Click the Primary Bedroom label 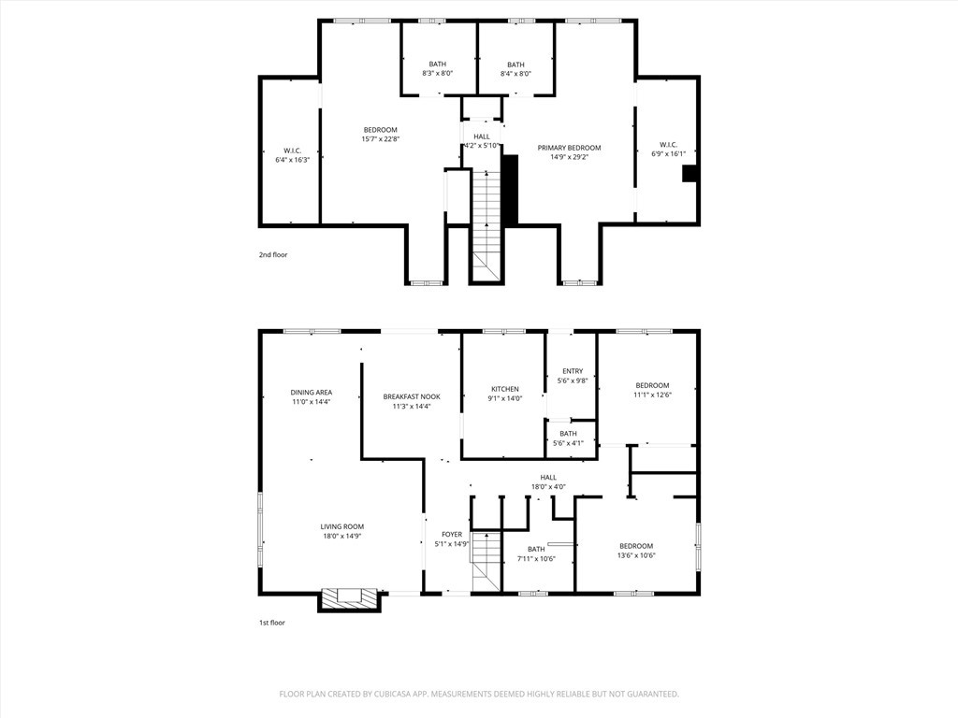[x=569, y=148]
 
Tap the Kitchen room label [x=505, y=390]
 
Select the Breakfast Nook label [x=412, y=396]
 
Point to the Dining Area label [x=311, y=393]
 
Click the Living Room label [x=342, y=527]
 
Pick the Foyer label [x=452, y=535]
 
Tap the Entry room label [x=573, y=371]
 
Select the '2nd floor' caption [x=273, y=254]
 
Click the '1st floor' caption [x=272, y=623]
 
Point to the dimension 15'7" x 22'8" [x=380, y=139]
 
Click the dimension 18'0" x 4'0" [x=548, y=487]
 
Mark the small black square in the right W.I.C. [x=689, y=173]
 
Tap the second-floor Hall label [x=482, y=136]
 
